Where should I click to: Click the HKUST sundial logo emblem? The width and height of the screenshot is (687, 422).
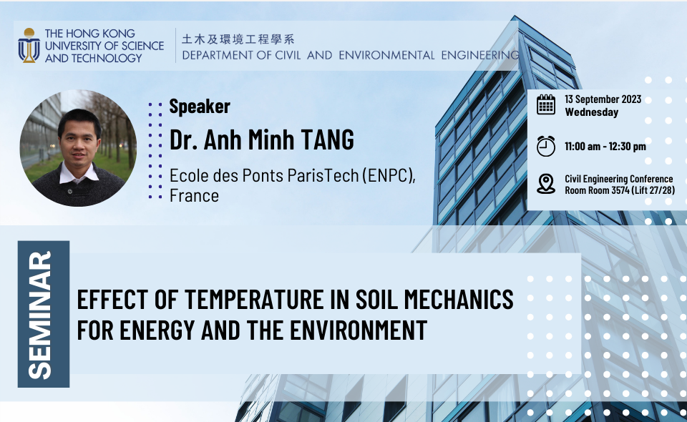(x=29, y=46)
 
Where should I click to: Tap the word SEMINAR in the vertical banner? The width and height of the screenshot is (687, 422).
(x=40, y=315)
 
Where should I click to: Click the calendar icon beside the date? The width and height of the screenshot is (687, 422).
(x=546, y=105)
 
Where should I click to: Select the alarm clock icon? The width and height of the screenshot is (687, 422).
(x=546, y=146)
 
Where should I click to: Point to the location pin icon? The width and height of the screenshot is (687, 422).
(x=546, y=184)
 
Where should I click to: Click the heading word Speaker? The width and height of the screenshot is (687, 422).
(x=200, y=107)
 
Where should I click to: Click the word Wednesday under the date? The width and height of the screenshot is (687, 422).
(x=592, y=112)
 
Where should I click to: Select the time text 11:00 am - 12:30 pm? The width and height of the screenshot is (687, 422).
(x=605, y=146)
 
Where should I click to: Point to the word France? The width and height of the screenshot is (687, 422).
(x=194, y=196)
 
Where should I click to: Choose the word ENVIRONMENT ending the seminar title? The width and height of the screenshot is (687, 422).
(x=359, y=330)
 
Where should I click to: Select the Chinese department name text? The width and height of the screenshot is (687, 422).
(x=238, y=39)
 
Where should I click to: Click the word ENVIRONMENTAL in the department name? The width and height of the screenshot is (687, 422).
(x=386, y=56)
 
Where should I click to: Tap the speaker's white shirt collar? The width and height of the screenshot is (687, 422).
(x=79, y=173)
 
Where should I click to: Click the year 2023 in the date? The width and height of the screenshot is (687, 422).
(x=631, y=99)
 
